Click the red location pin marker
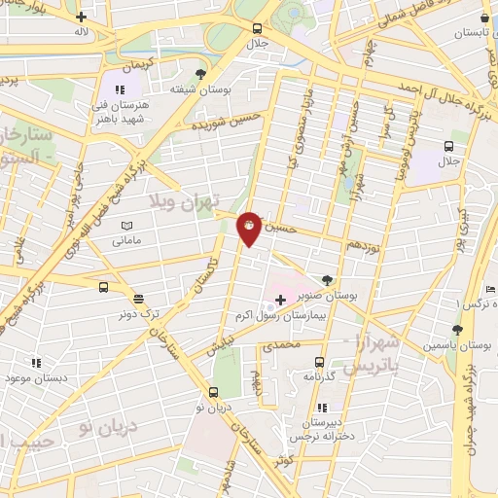(249, 228)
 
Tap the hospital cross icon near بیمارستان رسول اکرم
(280, 301)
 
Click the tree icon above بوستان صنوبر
(326, 279)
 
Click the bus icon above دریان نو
(213, 393)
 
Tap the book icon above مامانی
(124, 225)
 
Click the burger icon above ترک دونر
(138, 300)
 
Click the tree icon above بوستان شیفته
(200, 74)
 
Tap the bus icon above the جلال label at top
(257, 29)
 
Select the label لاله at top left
(81, 31)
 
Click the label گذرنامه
(319, 375)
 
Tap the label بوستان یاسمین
(457, 345)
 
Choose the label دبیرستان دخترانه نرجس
(321, 430)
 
